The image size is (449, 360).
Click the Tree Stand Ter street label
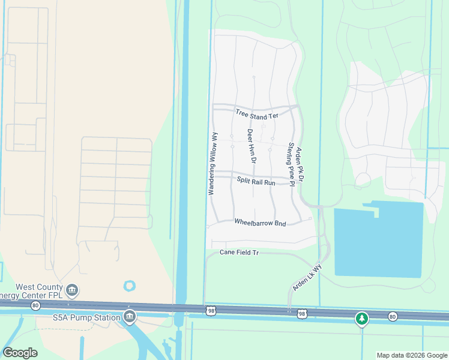click(257, 114)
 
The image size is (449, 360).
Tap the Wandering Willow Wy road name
click(212, 163)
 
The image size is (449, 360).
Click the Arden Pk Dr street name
click(301, 166)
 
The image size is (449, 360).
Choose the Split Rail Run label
click(256, 180)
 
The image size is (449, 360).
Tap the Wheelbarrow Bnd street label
click(260, 223)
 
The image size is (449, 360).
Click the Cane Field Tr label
click(239, 253)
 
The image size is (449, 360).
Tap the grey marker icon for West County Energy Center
click(72, 291)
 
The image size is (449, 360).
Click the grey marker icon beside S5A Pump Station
click(128, 316)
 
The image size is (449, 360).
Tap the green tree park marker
click(361, 318)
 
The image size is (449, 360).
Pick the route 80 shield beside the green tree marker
click(393, 316)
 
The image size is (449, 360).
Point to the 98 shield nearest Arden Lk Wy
click(301, 314)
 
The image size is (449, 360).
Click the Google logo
click(20, 353)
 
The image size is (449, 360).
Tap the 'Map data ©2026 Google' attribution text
click(411, 355)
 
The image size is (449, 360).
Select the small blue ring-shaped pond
click(129, 286)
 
